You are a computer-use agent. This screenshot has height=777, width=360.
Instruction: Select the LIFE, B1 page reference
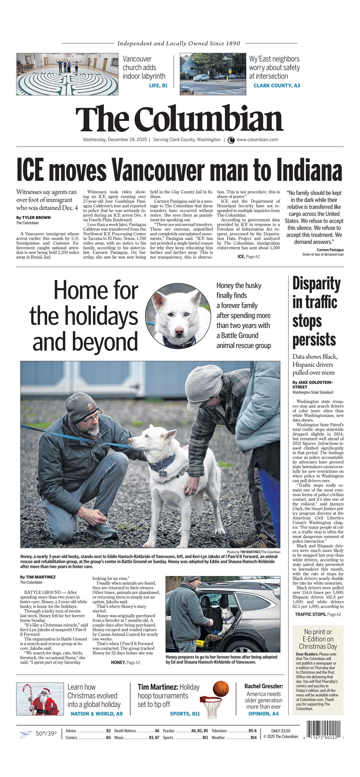point(158,86)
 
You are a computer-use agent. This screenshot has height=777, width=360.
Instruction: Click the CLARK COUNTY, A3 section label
point(277,86)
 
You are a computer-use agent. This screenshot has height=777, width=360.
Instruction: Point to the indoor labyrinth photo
point(67,74)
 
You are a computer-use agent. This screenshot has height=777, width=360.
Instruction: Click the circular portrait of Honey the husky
point(178,315)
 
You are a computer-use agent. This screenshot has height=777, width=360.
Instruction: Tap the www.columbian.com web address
point(257,140)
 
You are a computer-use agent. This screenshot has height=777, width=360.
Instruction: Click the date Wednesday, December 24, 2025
point(115,140)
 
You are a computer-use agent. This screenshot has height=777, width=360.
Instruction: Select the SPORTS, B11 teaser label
point(185,714)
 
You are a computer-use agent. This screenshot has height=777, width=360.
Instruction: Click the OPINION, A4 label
point(263,714)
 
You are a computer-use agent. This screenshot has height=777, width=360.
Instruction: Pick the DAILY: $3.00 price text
point(281,731)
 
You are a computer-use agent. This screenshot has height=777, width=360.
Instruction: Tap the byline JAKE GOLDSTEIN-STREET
point(312,384)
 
